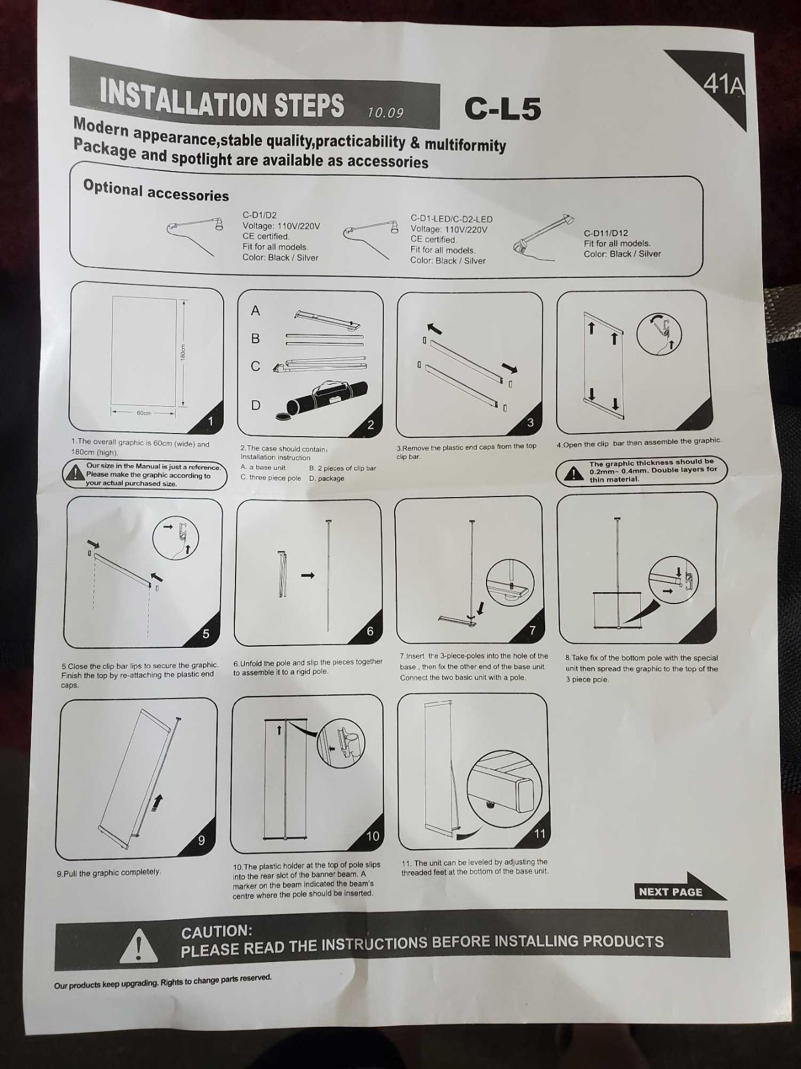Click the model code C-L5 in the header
point(503,108)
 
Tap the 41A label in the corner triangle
point(723,85)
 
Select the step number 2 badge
point(371,424)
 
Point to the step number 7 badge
point(532,630)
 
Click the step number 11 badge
point(539,833)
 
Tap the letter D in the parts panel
point(256,405)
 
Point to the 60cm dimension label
point(144,413)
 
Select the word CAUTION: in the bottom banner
point(217,932)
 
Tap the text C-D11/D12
point(606,233)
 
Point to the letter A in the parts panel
point(256,310)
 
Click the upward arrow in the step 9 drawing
point(157,803)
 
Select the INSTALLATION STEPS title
point(222,99)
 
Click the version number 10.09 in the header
point(385,112)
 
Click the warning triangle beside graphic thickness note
point(573,473)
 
